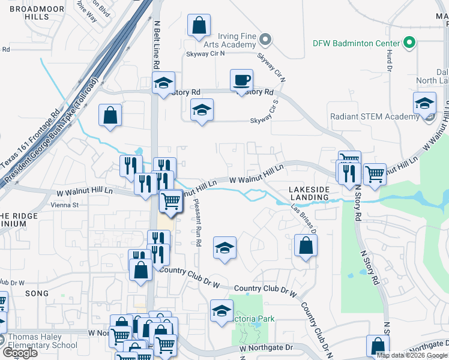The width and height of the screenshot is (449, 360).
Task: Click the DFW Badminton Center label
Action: coord(356,43)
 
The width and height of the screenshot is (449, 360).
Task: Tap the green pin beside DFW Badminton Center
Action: coord(409,43)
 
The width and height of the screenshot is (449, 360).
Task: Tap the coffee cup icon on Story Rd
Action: coord(241,80)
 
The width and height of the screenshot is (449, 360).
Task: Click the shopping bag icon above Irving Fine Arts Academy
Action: coord(199,26)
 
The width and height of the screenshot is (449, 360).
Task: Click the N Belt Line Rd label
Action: coord(157,45)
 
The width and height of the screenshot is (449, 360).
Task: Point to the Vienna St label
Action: coord(67,205)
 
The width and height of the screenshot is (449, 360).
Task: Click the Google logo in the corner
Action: coord(19,352)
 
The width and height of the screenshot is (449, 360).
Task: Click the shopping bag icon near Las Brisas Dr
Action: coord(306,245)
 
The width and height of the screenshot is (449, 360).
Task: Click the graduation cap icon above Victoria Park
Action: coord(221,311)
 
